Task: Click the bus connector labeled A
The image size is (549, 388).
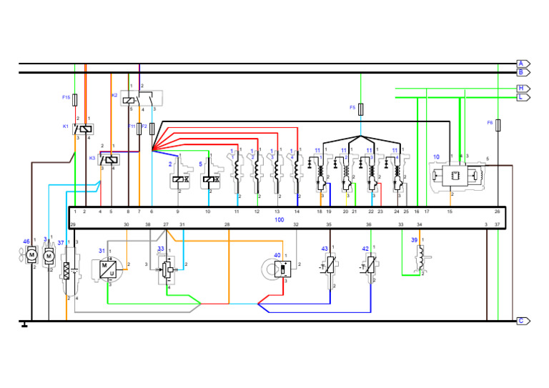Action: (x=523, y=64)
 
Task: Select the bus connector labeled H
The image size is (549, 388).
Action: (x=523, y=89)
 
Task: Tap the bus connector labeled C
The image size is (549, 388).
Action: (x=523, y=321)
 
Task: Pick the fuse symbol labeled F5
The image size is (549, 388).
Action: (x=361, y=109)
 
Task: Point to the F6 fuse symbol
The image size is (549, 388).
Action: (x=498, y=124)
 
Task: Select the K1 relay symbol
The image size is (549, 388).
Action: (x=84, y=129)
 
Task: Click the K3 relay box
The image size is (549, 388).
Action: (x=110, y=160)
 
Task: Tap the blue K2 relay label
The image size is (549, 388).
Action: (x=114, y=95)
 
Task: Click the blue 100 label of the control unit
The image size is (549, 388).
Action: (x=279, y=219)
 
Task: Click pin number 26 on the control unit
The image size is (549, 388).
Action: (x=498, y=212)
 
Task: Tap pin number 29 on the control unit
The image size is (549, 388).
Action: (x=74, y=225)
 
